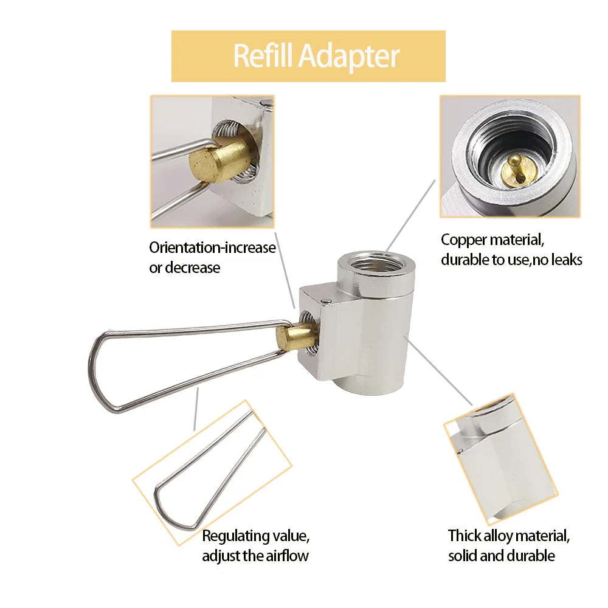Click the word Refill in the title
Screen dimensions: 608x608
pos(263,56)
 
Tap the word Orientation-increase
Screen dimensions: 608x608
pos(212,248)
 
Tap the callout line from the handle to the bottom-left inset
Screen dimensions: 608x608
pos(196,410)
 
